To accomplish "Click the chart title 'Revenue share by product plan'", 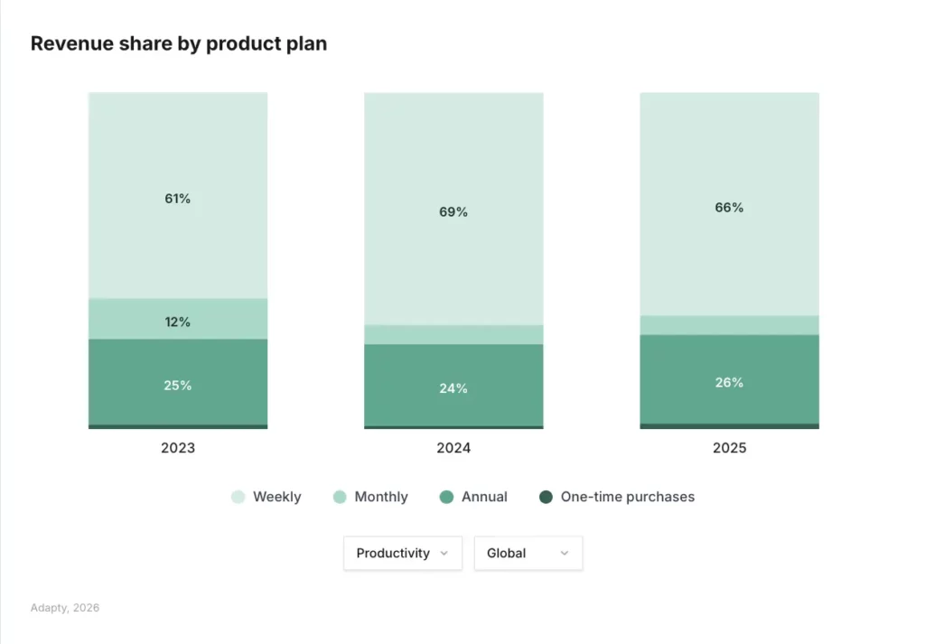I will [x=179, y=43].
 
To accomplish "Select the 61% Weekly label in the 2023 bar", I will [x=178, y=199].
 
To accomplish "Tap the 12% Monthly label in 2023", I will [x=178, y=322].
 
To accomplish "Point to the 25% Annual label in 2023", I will [x=178, y=386].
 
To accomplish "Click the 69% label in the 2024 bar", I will [x=453, y=212].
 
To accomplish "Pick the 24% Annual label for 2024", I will [x=453, y=389].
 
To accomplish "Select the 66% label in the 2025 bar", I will [x=729, y=208].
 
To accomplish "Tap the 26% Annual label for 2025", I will [x=729, y=383].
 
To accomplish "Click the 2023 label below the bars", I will [x=178, y=448].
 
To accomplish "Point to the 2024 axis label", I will [x=453, y=448].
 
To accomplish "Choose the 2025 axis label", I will [x=729, y=448].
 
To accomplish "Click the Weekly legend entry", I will [x=267, y=497].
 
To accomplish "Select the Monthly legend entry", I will [x=371, y=497].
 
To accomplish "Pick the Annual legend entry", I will [x=474, y=497].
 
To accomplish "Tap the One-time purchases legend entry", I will [x=618, y=497].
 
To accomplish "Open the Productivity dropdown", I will [x=402, y=553].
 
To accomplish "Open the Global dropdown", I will [x=528, y=553].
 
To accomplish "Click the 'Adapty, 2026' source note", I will [x=65, y=608].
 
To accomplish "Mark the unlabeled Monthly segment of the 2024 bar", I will [x=453, y=334].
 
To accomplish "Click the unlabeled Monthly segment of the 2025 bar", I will [x=729, y=325].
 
